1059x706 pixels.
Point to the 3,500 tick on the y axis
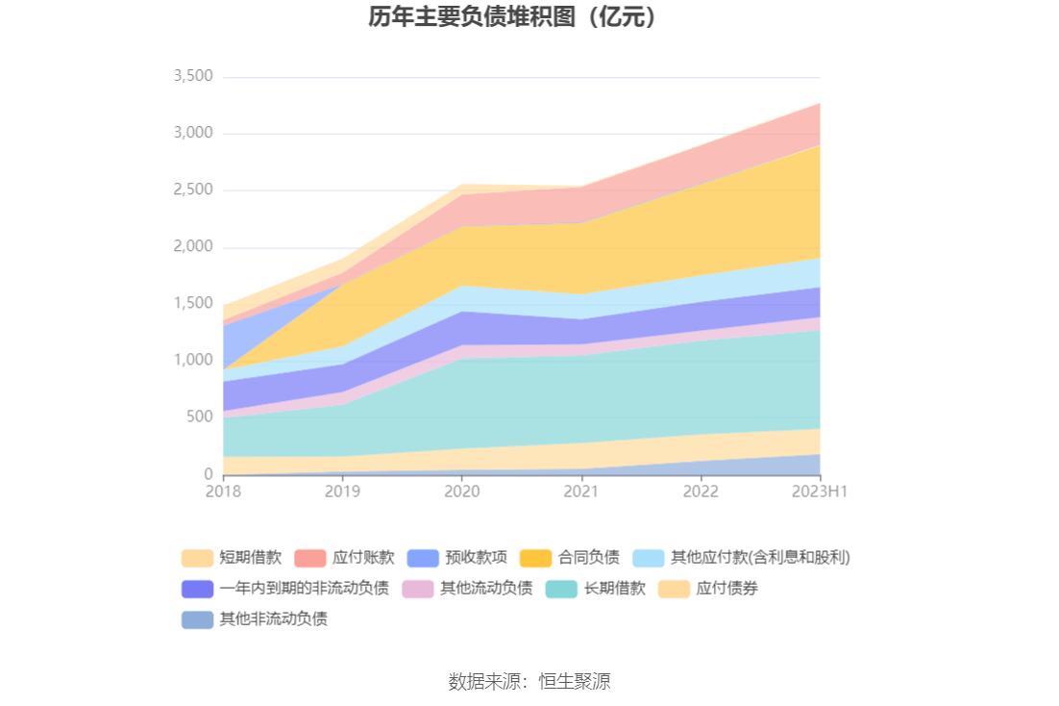[x=193, y=76]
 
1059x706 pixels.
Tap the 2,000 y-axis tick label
[x=193, y=247]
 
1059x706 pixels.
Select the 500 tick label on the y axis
[x=199, y=416]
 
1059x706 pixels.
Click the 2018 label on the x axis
[x=223, y=492]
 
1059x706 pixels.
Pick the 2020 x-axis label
[x=462, y=492]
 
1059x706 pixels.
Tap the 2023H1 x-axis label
[x=820, y=492]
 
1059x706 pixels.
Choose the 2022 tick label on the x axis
[x=701, y=492]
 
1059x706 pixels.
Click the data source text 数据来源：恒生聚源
[x=529, y=682]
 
